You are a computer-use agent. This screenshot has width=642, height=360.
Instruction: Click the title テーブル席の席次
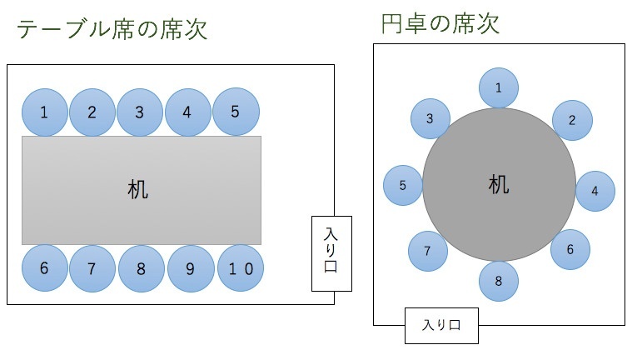click(x=112, y=30)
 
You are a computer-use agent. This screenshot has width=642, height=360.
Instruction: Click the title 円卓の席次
click(x=440, y=24)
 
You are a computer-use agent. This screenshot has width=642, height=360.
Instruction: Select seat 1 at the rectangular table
click(x=44, y=112)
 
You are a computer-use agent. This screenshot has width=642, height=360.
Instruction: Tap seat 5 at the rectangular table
click(x=236, y=111)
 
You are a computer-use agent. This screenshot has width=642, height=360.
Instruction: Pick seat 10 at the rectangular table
click(x=240, y=268)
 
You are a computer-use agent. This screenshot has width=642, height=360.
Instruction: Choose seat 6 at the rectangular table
click(x=44, y=268)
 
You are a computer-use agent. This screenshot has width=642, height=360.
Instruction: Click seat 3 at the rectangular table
click(x=140, y=112)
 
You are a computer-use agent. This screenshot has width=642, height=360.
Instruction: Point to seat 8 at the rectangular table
click(x=142, y=268)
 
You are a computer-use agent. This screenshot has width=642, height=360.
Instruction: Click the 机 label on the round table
click(x=498, y=185)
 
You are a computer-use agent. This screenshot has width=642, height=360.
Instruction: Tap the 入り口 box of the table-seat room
click(x=331, y=253)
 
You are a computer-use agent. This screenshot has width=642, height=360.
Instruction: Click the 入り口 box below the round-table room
click(x=442, y=325)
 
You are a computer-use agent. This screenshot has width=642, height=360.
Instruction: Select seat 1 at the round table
click(x=499, y=88)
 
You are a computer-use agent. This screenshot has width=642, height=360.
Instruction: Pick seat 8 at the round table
click(x=499, y=281)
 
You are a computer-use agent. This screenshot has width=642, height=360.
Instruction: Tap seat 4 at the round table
click(x=595, y=191)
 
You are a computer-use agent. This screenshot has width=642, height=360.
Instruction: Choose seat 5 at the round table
click(x=403, y=185)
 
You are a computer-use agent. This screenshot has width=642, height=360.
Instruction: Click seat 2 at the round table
click(x=572, y=120)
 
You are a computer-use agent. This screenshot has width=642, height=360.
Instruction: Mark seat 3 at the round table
click(x=430, y=119)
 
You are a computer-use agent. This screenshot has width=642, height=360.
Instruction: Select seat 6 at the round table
click(x=570, y=249)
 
